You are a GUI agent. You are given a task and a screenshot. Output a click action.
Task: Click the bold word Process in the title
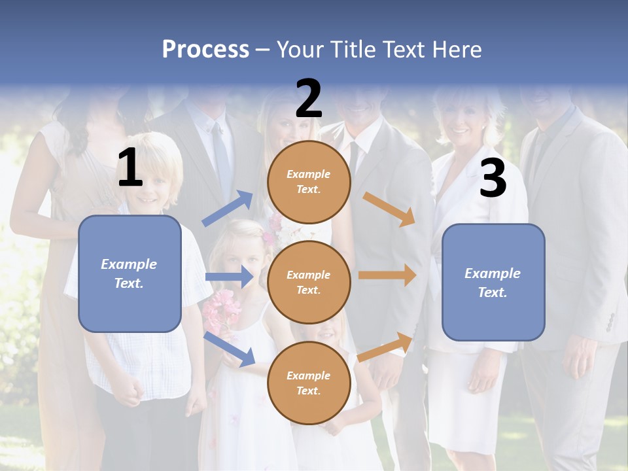205,49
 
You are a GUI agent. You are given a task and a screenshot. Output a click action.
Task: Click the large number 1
130,167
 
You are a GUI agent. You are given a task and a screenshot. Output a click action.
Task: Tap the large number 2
309,98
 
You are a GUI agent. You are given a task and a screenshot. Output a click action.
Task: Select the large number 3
493,179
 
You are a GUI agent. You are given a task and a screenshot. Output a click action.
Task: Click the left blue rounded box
130,273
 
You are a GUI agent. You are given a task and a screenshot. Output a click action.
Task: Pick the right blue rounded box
493,282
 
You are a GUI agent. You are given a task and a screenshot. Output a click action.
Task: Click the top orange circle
309,182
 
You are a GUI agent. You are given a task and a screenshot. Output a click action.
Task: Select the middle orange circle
309,282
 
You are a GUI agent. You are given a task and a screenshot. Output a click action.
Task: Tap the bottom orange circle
309,383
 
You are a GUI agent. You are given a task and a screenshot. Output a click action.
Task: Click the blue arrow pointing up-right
228,208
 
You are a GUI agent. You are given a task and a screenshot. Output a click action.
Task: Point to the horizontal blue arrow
229,277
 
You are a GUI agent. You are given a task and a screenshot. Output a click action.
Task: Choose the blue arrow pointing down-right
229,349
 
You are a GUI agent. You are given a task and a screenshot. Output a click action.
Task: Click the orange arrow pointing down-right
389,209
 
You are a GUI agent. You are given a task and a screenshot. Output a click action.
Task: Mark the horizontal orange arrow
387,275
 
